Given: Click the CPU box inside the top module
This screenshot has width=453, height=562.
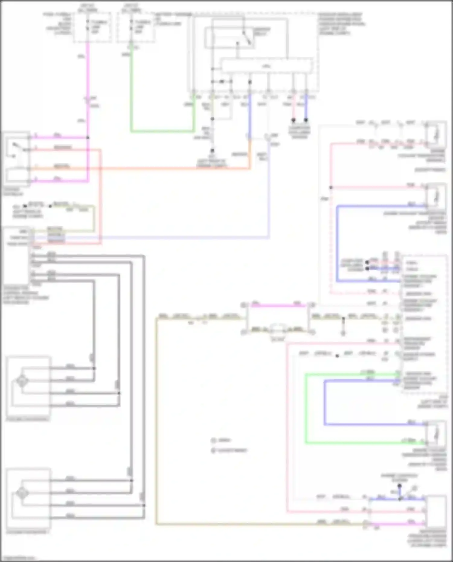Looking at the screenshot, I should pyautogui.click(x=267, y=66).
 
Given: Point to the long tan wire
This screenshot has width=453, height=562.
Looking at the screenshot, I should pyautogui.click(x=157, y=423).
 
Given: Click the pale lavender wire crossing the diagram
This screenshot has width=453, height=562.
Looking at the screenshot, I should pyautogui.click(x=181, y=238).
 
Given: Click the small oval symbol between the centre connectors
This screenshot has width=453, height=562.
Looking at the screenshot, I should pyautogui.click(x=278, y=329).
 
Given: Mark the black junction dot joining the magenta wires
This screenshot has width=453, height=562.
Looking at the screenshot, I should pyautogui.click(x=88, y=138).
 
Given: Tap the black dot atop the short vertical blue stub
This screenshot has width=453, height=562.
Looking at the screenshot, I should pyautogui.click(x=400, y=486).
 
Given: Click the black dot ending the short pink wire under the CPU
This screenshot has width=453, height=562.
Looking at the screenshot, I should pyautogui.click(x=294, y=120).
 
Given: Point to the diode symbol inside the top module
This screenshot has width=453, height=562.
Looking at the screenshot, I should pyautogui.click(x=222, y=82).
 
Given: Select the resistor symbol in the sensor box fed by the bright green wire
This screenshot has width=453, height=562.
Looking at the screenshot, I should pyautogui.click(x=436, y=434).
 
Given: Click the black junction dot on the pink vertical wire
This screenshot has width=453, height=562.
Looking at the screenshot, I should pyautogui.click(x=331, y=188).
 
